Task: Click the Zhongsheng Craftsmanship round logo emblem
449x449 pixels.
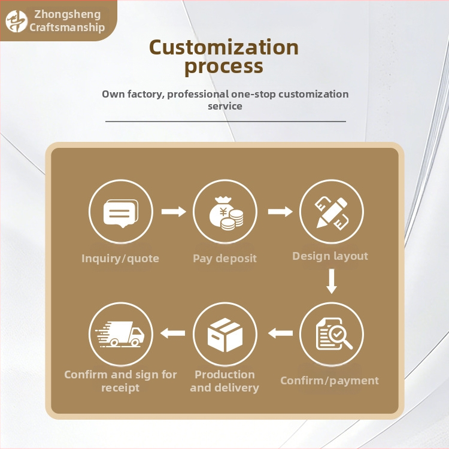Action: tap(17, 21)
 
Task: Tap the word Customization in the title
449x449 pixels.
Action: tap(224, 47)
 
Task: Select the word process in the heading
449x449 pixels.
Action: tap(224, 67)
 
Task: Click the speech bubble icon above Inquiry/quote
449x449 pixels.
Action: tap(121, 213)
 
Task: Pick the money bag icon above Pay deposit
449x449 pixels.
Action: tap(226, 213)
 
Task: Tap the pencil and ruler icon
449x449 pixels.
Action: tap(332, 213)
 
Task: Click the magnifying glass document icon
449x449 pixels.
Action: tap(334, 334)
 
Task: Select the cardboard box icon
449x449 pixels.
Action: tap(225, 335)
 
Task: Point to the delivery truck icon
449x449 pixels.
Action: tap(120, 334)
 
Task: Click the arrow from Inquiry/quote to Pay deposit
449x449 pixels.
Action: tap(174, 211)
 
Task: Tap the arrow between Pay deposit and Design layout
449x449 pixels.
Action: tap(280, 211)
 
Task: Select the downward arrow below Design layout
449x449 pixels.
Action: tap(332, 281)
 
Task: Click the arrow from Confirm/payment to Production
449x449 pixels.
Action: tap(280, 333)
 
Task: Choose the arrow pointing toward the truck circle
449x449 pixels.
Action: tap(172, 333)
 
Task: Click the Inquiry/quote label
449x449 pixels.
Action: tap(120, 259)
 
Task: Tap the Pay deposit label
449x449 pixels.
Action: tap(224, 259)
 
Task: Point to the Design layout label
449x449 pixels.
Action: tap(330, 256)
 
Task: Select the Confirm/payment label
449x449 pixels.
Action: tap(330, 381)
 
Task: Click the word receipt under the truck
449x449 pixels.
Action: tap(120, 388)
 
